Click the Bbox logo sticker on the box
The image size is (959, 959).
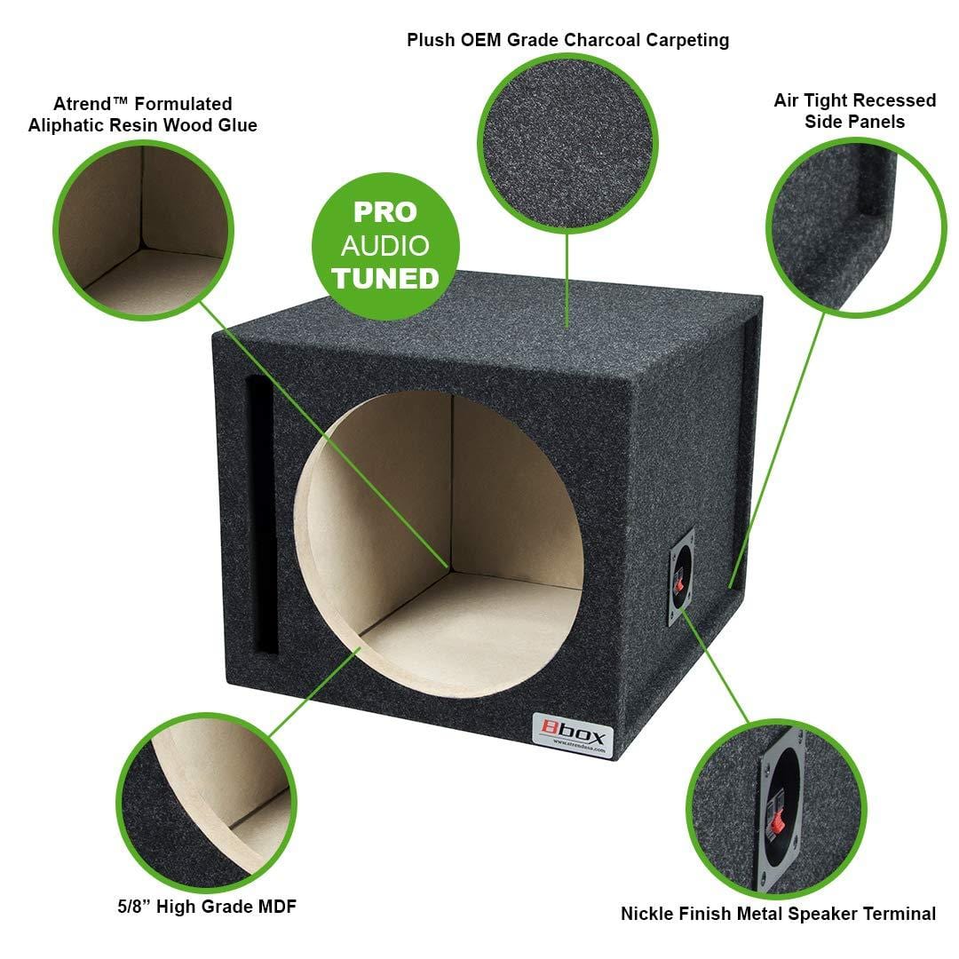573,735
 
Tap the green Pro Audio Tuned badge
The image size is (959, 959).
385,247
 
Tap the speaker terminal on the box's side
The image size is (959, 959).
680,577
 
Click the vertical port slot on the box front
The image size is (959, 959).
261,515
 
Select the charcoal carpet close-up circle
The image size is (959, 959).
567,143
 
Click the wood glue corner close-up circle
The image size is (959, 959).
144,230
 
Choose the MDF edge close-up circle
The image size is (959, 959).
207,803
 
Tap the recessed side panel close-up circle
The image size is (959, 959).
856,227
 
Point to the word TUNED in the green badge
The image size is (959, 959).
385,279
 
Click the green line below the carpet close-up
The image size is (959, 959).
567,281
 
